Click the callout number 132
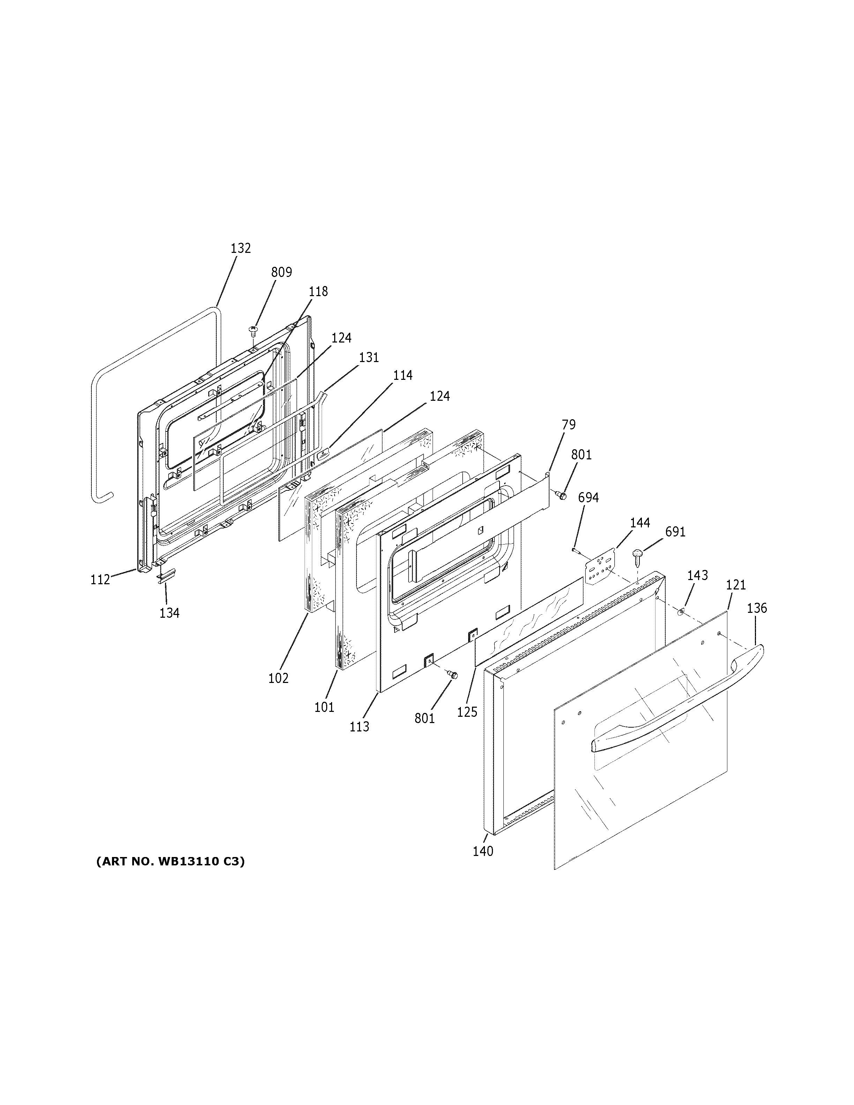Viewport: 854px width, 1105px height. (x=240, y=248)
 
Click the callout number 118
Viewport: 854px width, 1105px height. (x=318, y=292)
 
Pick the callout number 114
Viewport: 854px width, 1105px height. (x=403, y=375)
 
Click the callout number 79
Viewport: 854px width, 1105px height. (x=569, y=424)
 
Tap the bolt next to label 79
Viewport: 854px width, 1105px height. (x=561, y=494)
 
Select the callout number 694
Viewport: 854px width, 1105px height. (x=589, y=498)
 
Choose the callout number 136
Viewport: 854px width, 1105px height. (x=757, y=608)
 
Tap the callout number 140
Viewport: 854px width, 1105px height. (x=483, y=851)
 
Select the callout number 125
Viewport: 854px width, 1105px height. (x=467, y=712)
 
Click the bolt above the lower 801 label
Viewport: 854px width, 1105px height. (x=452, y=674)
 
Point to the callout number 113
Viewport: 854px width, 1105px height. (x=359, y=727)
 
